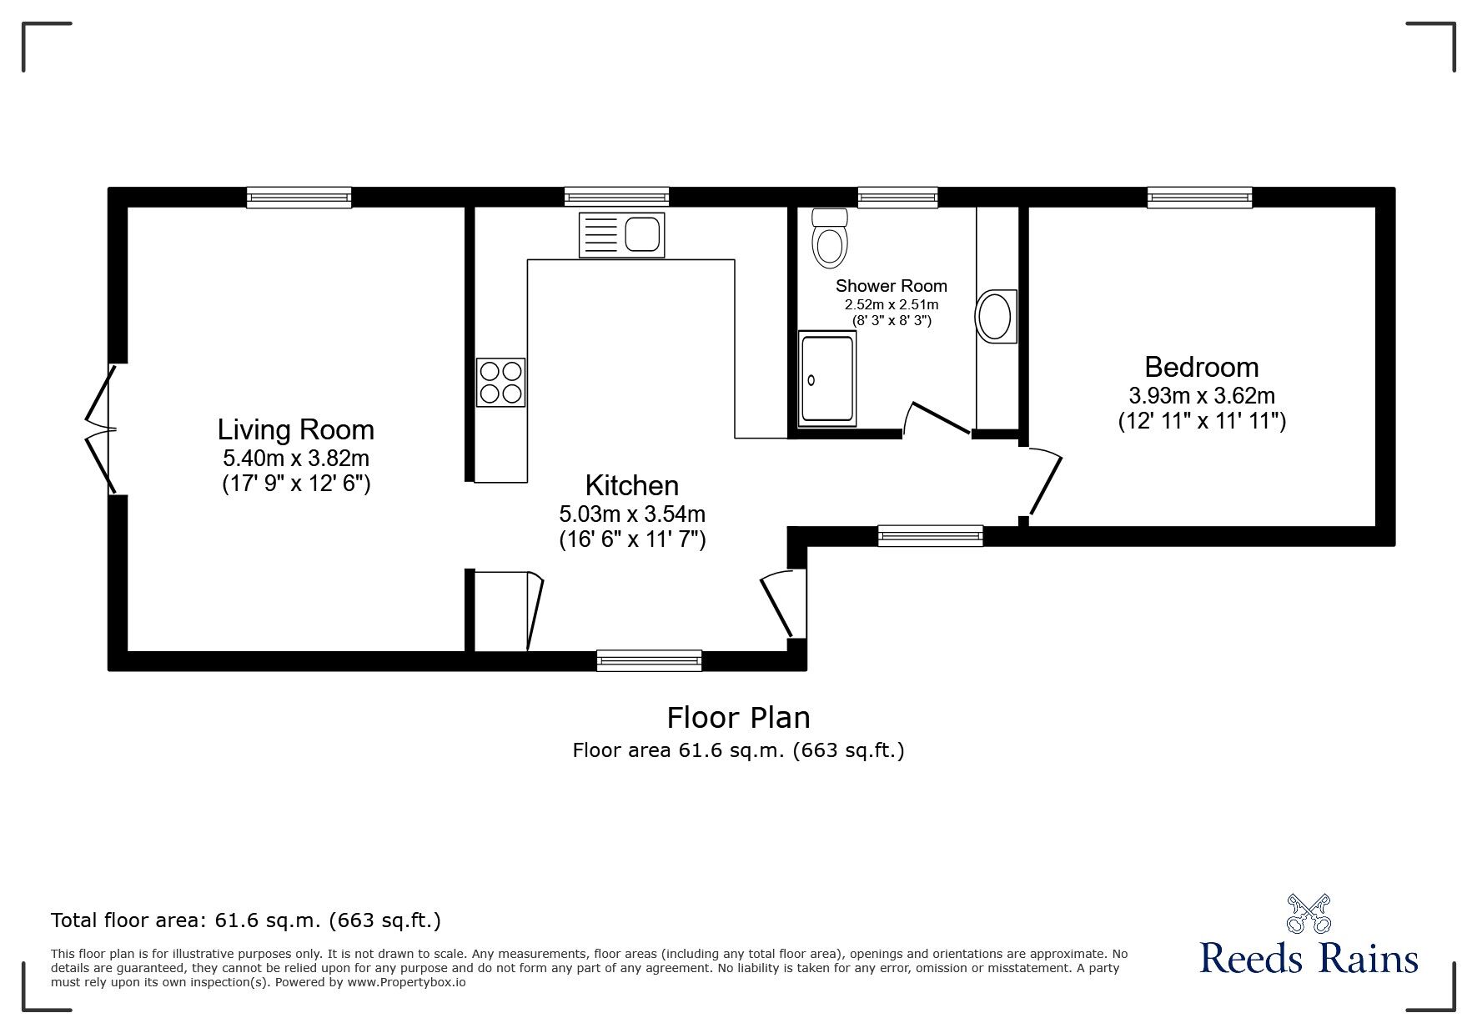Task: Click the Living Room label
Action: tap(295, 430)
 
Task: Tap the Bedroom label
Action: tap(1201, 367)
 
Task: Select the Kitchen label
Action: tap(631, 485)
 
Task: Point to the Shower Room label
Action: tap(891, 286)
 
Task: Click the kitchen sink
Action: tap(621, 234)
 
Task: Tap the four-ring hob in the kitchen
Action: tap(500, 382)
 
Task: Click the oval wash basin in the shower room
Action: tap(995, 315)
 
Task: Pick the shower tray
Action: tap(826, 379)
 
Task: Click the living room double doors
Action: tap(101, 429)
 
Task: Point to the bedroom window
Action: tap(1199, 197)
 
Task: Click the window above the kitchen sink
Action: tap(616, 197)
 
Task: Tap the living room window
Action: tap(299, 197)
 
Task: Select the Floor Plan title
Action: tap(738, 717)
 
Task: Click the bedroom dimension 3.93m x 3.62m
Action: tap(1201, 395)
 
